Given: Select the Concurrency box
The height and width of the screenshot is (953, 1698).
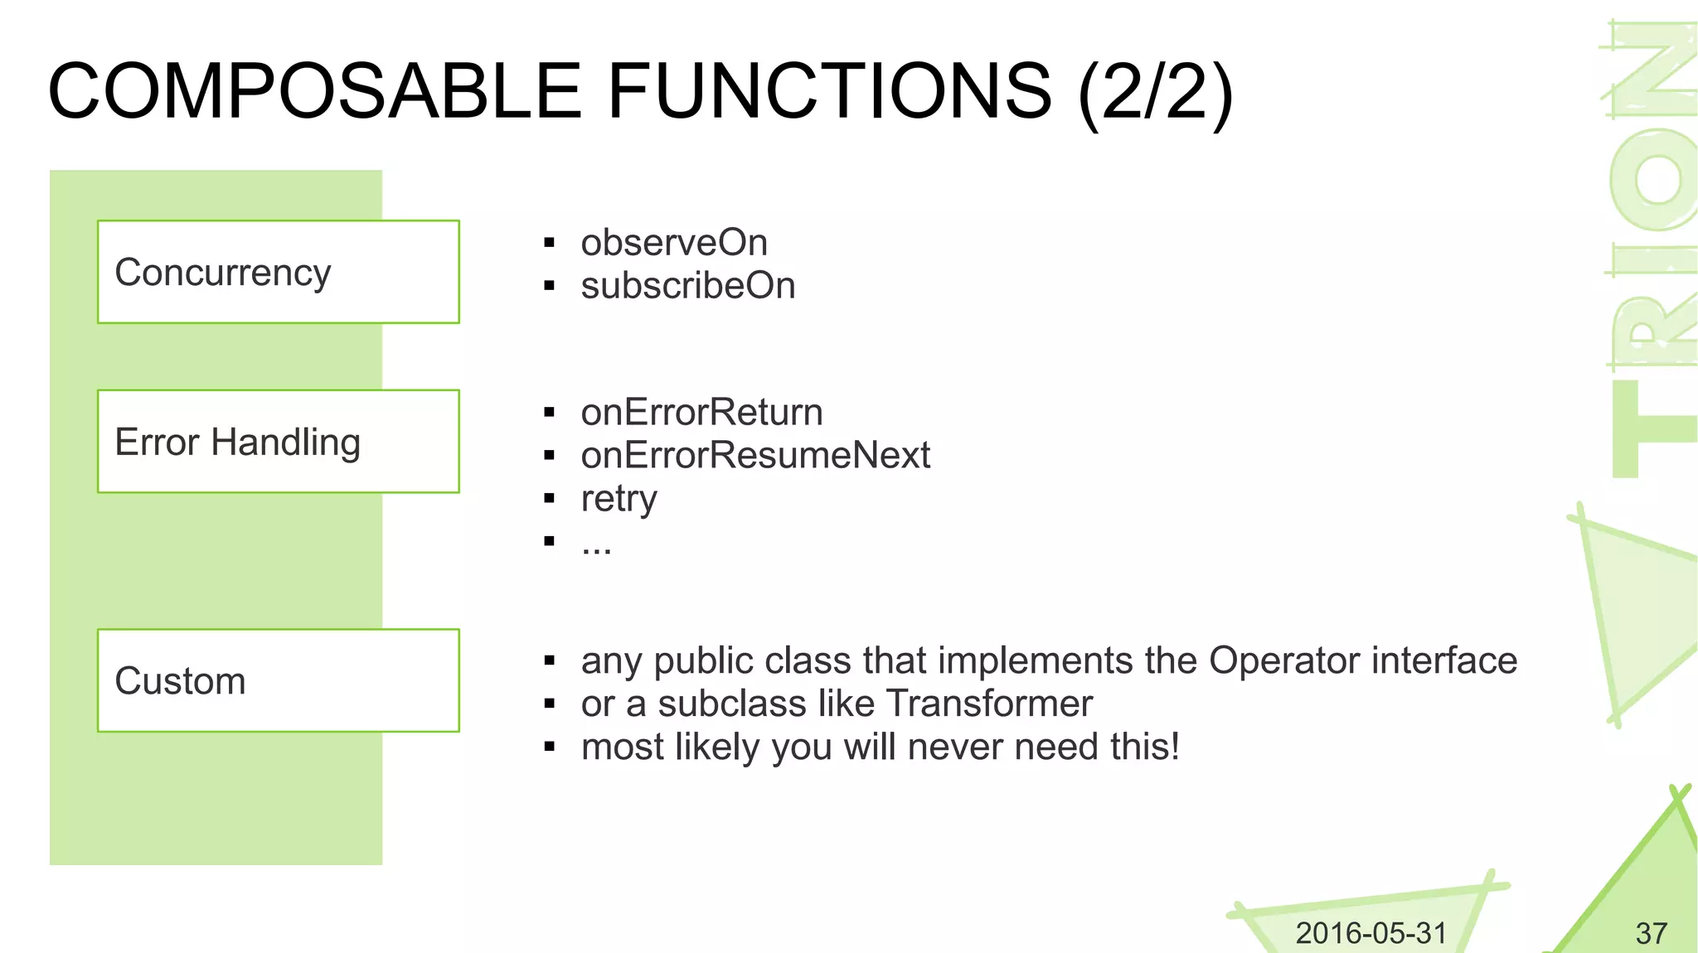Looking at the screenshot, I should tap(278, 272).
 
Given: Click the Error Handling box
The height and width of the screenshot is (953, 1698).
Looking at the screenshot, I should tap(278, 441).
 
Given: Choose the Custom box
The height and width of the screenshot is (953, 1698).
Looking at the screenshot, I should tap(278, 680).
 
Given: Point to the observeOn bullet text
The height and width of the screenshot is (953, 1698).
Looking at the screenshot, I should tap(673, 243).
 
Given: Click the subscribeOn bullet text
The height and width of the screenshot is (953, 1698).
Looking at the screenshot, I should tap(687, 286).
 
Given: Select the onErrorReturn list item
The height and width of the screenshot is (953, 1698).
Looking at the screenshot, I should tap(701, 413).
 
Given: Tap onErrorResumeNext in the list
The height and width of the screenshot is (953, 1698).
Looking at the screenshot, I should tap(754, 456).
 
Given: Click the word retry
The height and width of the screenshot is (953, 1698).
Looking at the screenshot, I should tap(619, 499).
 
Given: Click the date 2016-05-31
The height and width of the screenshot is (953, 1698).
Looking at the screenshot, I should tap(1371, 933).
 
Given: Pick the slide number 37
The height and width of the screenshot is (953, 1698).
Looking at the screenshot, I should tap(1651, 934).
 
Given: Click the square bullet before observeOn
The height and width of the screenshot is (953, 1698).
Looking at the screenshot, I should tap(549, 244).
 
